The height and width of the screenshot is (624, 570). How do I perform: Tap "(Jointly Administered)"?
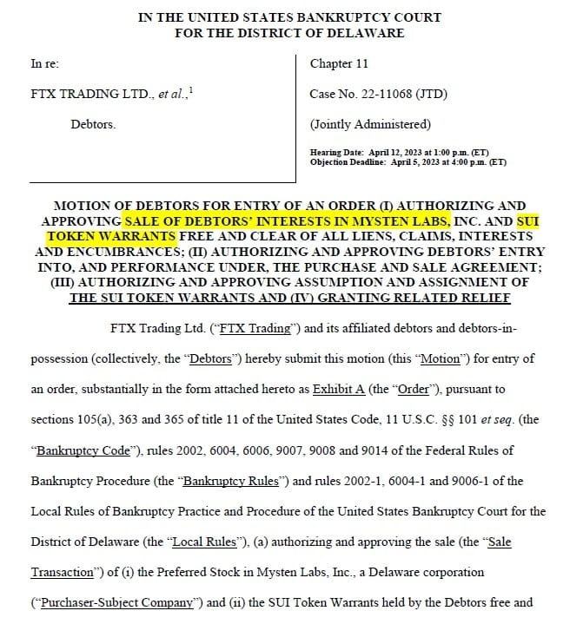click(369, 123)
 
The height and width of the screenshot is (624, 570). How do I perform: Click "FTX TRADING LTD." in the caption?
click(79, 94)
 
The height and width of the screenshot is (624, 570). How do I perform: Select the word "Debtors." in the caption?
click(93, 123)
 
